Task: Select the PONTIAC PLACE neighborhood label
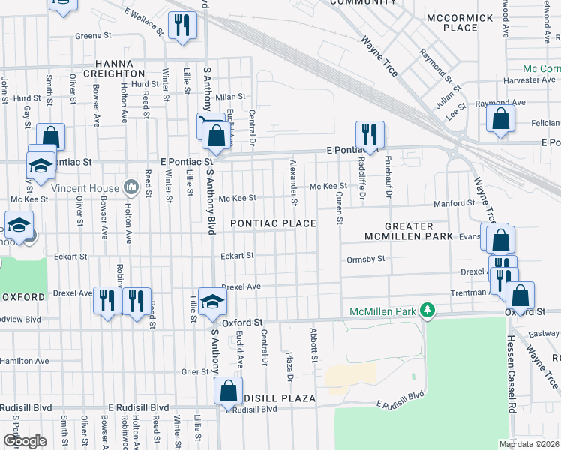273,223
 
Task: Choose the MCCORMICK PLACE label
460,22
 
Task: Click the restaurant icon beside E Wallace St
181,25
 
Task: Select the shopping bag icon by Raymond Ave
500,119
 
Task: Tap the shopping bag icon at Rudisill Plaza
228,391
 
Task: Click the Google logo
25,440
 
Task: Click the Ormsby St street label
366,259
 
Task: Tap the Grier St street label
193,371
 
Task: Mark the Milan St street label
231,97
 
